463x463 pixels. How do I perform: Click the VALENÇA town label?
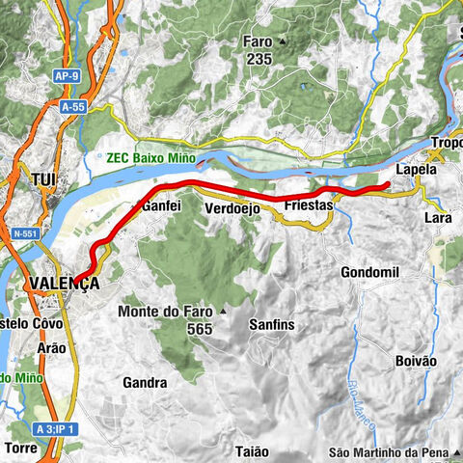click(x=65, y=283)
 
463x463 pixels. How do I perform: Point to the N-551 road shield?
click(x=26, y=232)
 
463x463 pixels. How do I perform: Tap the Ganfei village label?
click(x=162, y=206)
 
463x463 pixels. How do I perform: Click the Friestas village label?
click(x=309, y=206)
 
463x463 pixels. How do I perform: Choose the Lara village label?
click(x=439, y=219)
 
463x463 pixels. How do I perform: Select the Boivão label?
click(x=417, y=360)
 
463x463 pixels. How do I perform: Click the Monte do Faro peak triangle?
click(x=223, y=312)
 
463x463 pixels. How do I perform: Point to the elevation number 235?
click(x=258, y=59)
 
